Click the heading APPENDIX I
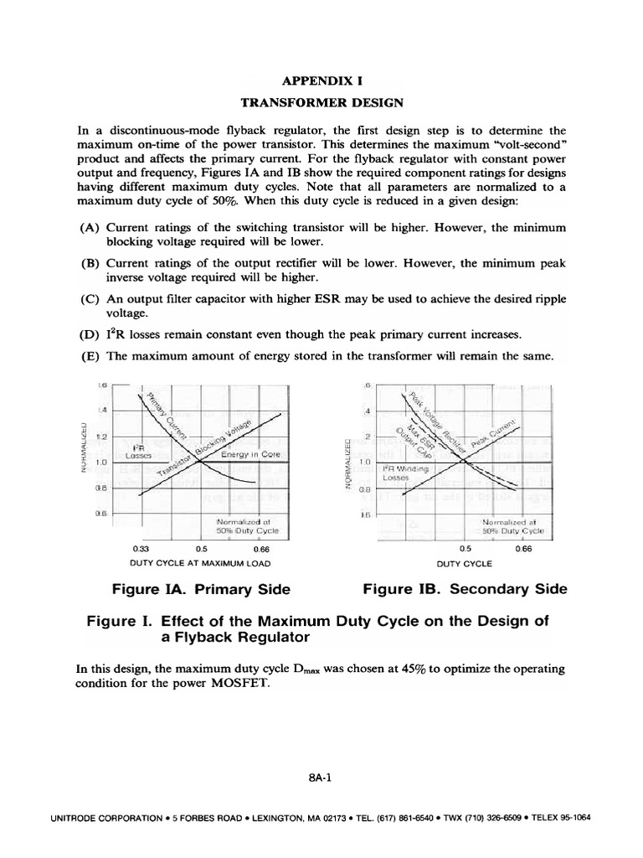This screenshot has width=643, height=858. pos(322,83)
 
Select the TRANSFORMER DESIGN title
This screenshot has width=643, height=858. pos(322,103)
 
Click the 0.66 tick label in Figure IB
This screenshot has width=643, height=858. pos(523,549)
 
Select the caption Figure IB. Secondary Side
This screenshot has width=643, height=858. pos(465,589)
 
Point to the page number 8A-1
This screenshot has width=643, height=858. pos(321,777)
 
